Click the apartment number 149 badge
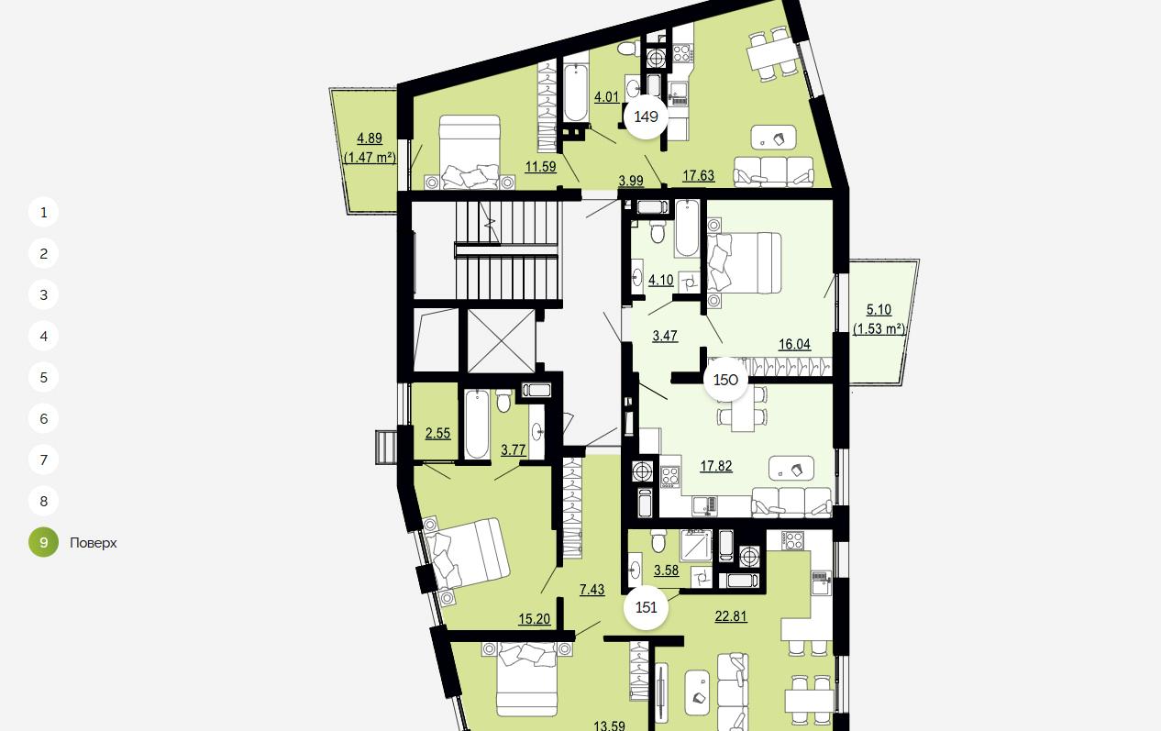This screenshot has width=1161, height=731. click(x=646, y=116)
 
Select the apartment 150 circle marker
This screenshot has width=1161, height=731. click(x=725, y=380)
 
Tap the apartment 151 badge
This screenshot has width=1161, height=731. click(x=646, y=607)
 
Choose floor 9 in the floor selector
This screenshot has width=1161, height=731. click(x=43, y=542)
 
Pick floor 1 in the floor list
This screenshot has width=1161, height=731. click(x=43, y=212)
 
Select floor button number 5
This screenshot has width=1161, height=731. click(x=43, y=378)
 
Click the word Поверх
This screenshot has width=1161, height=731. click(x=94, y=543)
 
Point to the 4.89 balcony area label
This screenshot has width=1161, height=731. click(x=370, y=138)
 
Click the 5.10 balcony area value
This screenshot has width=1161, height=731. click(x=879, y=309)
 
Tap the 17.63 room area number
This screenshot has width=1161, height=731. click(x=698, y=176)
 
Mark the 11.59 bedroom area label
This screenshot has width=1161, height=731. click(x=540, y=167)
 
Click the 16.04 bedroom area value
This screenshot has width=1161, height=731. click(x=794, y=344)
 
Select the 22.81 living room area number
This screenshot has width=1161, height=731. click(x=731, y=616)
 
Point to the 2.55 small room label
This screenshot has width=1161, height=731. click(x=438, y=434)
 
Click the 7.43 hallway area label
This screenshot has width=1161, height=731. click(x=592, y=590)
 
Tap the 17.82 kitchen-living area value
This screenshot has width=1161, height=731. click(x=716, y=466)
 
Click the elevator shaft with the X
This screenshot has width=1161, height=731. click(x=502, y=340)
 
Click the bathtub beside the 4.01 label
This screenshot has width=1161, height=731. click(x=576, y=93)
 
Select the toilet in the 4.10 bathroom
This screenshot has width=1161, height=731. click(x=658, y=232)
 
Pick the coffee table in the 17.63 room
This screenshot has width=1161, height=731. click(x=773, y=138)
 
